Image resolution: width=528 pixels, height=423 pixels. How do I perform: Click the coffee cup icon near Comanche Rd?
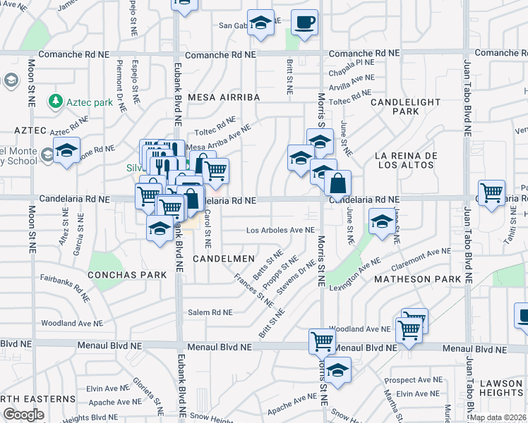click(304, 22)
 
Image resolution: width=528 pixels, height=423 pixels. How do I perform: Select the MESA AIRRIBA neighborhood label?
click(224, 97)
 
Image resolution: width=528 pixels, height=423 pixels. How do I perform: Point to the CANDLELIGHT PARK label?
click(396, 106)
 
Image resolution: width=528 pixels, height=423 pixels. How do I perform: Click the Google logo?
click(23, 415)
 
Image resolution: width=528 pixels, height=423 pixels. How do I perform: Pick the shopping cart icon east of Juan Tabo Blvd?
click(491, 191)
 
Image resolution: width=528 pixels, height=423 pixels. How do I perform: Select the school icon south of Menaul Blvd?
click(338, 371)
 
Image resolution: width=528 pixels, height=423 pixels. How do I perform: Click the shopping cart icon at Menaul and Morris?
click(322, 341)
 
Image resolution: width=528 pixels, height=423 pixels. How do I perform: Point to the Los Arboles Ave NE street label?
click(280, 231)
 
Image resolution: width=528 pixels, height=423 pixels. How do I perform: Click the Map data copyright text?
click(498, 417)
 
